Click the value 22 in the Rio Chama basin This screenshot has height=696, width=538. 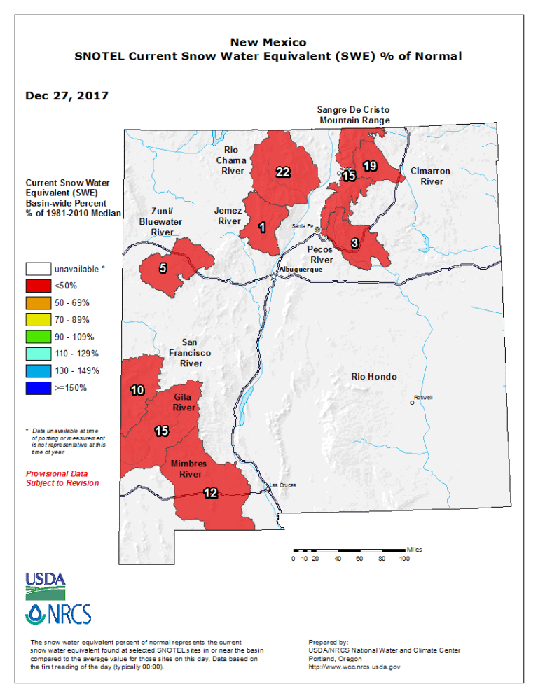tap(283, 172)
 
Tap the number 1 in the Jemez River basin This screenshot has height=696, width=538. tap(261, 227)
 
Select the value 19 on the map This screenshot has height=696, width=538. tap(370, 166)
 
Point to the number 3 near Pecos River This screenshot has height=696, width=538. tap(354, 243)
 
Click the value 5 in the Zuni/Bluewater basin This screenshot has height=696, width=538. tap(163, 268)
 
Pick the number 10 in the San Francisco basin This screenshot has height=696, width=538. tap(137, 390)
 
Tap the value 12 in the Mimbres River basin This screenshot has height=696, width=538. tap(210, 493)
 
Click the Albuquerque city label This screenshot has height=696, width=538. tap(301, 270)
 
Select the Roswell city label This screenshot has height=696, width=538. tap(423, 397)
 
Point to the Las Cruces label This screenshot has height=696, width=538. tap(283, 485)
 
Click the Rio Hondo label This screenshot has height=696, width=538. tap(373, 377)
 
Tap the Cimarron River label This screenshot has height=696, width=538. tap(430, 176)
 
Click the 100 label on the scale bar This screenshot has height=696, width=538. tap(405, 559)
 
